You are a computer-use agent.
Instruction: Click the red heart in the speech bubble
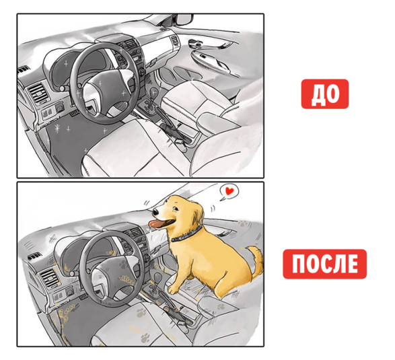229,190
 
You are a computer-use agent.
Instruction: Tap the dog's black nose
155,212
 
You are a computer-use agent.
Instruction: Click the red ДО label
325,94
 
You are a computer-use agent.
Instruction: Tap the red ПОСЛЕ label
325,264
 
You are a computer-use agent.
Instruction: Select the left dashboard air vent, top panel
38,94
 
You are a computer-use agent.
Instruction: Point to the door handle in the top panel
196,43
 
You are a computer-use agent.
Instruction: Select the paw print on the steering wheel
124,264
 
